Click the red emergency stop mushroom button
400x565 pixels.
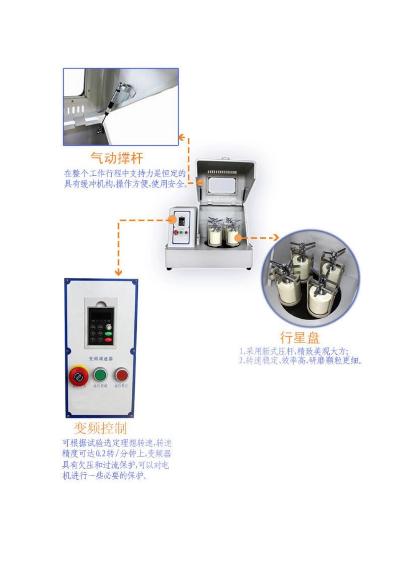[x=78, y=375]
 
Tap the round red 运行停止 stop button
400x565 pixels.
[x=122, y=374]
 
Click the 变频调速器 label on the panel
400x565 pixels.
[x=101, y=359]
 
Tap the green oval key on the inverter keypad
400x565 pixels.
[x=108, y=333]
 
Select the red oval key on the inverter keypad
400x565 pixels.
[x=108, y=339]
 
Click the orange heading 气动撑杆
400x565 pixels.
[x=117, y=158]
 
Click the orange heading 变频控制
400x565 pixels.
[x=100, y=428]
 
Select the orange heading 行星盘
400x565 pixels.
[x=300, y=338]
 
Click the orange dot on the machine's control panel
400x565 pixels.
[x=171, y=219]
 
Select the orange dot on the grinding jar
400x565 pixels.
[x=237, y=238]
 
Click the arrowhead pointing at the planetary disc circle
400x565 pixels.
[x=275, y=238]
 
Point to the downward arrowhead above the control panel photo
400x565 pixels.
[x=118, y=272]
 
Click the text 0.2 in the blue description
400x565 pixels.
[x=101, y=454]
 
